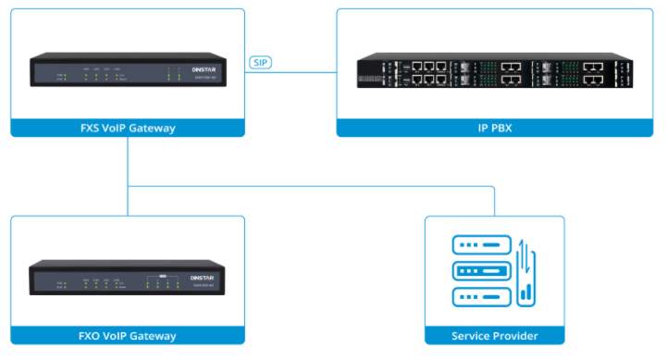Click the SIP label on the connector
(261, 64)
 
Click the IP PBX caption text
(489, 128)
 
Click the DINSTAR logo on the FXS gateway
(202, 68)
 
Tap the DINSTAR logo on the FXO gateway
(202, 276)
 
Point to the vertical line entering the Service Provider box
(495, 201)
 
